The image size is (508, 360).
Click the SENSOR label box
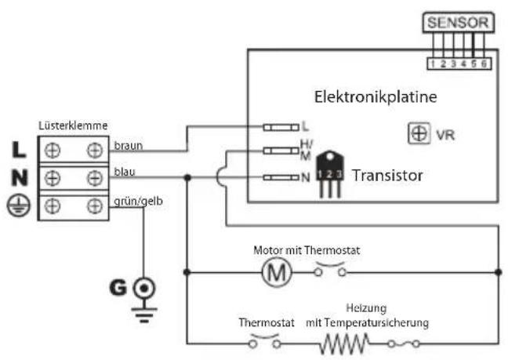[459, 23]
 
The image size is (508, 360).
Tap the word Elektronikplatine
[375, 97]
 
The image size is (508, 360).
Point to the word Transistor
[386, 176]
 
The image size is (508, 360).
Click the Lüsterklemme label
[73, 126]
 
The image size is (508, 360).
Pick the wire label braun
[129, 145]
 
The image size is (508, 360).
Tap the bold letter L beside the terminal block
[17, 147]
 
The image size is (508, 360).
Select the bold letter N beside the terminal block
[17, 177]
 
